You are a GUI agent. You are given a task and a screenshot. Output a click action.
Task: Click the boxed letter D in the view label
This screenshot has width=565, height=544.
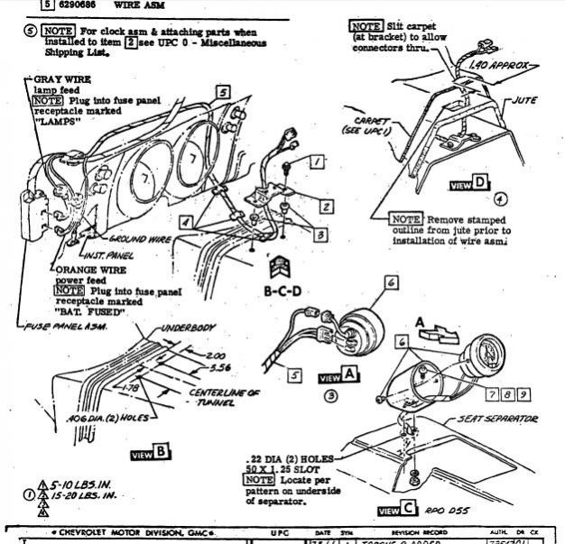pos(481,184)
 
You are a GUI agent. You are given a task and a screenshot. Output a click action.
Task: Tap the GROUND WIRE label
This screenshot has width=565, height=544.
pos(140,239)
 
